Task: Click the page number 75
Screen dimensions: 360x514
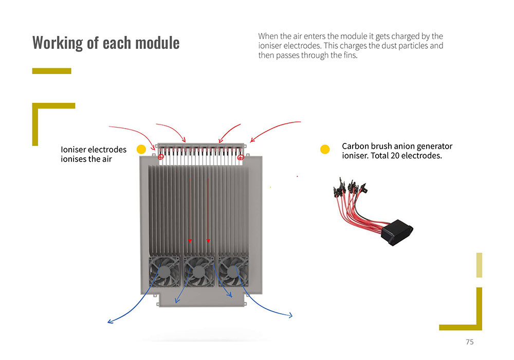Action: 469,342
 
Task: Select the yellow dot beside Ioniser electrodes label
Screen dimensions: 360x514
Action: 141,149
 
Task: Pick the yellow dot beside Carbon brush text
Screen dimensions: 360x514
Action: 325,149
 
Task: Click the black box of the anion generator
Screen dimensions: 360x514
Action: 397,230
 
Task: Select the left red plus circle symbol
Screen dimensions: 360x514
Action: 160,156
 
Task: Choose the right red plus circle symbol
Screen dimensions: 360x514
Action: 240,156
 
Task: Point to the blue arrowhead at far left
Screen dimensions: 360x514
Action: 109,322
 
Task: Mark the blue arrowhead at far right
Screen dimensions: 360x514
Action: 290,315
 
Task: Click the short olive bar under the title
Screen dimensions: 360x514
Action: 51,71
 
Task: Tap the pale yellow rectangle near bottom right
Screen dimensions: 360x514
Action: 479,265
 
